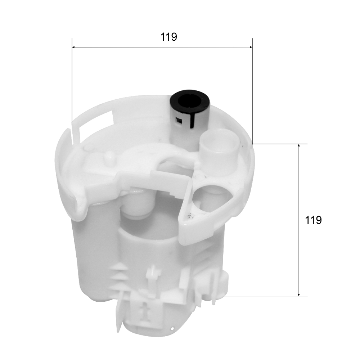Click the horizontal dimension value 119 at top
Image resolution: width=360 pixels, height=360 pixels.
click(169, 37)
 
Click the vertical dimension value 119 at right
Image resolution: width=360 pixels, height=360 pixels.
click(314, 220)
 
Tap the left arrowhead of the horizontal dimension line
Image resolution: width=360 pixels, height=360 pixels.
click(74, 47)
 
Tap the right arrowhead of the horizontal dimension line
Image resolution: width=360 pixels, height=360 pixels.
click(251, 47)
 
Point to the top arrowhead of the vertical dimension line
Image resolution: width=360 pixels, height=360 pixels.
click(299, 146)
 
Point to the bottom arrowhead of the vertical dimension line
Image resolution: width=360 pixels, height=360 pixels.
click(299, 294)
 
